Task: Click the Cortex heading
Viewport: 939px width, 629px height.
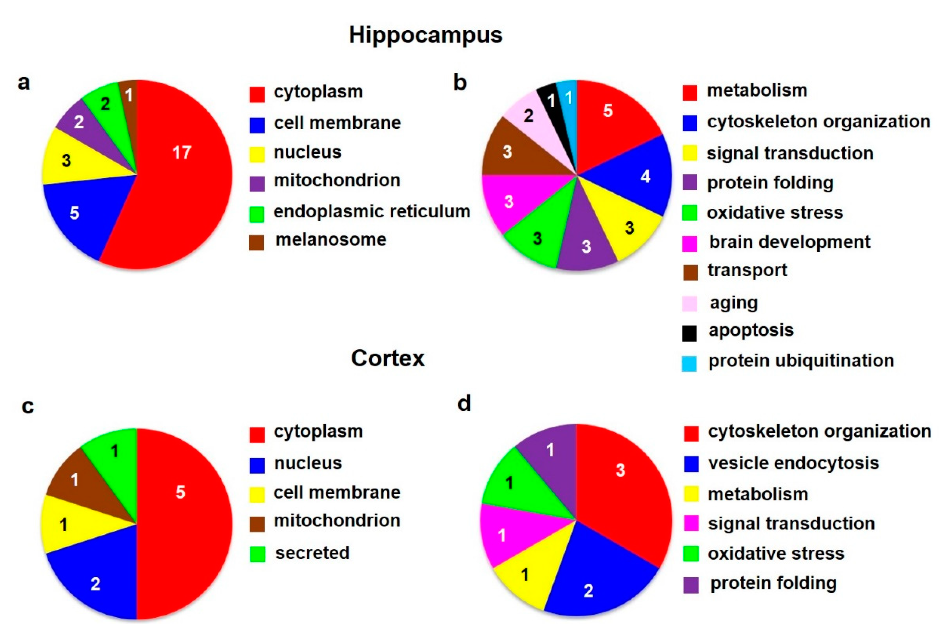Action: [x=388, y=358]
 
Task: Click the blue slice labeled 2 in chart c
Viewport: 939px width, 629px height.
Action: [x=96, y=582]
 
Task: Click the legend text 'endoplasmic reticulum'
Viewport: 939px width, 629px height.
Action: [x=372, y=211]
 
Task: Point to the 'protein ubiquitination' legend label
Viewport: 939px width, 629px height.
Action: [x=801, y=360]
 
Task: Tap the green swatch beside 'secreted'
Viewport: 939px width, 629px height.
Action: [x=257, y=554]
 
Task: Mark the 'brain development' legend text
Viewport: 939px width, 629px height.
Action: [x=790, y=242]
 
